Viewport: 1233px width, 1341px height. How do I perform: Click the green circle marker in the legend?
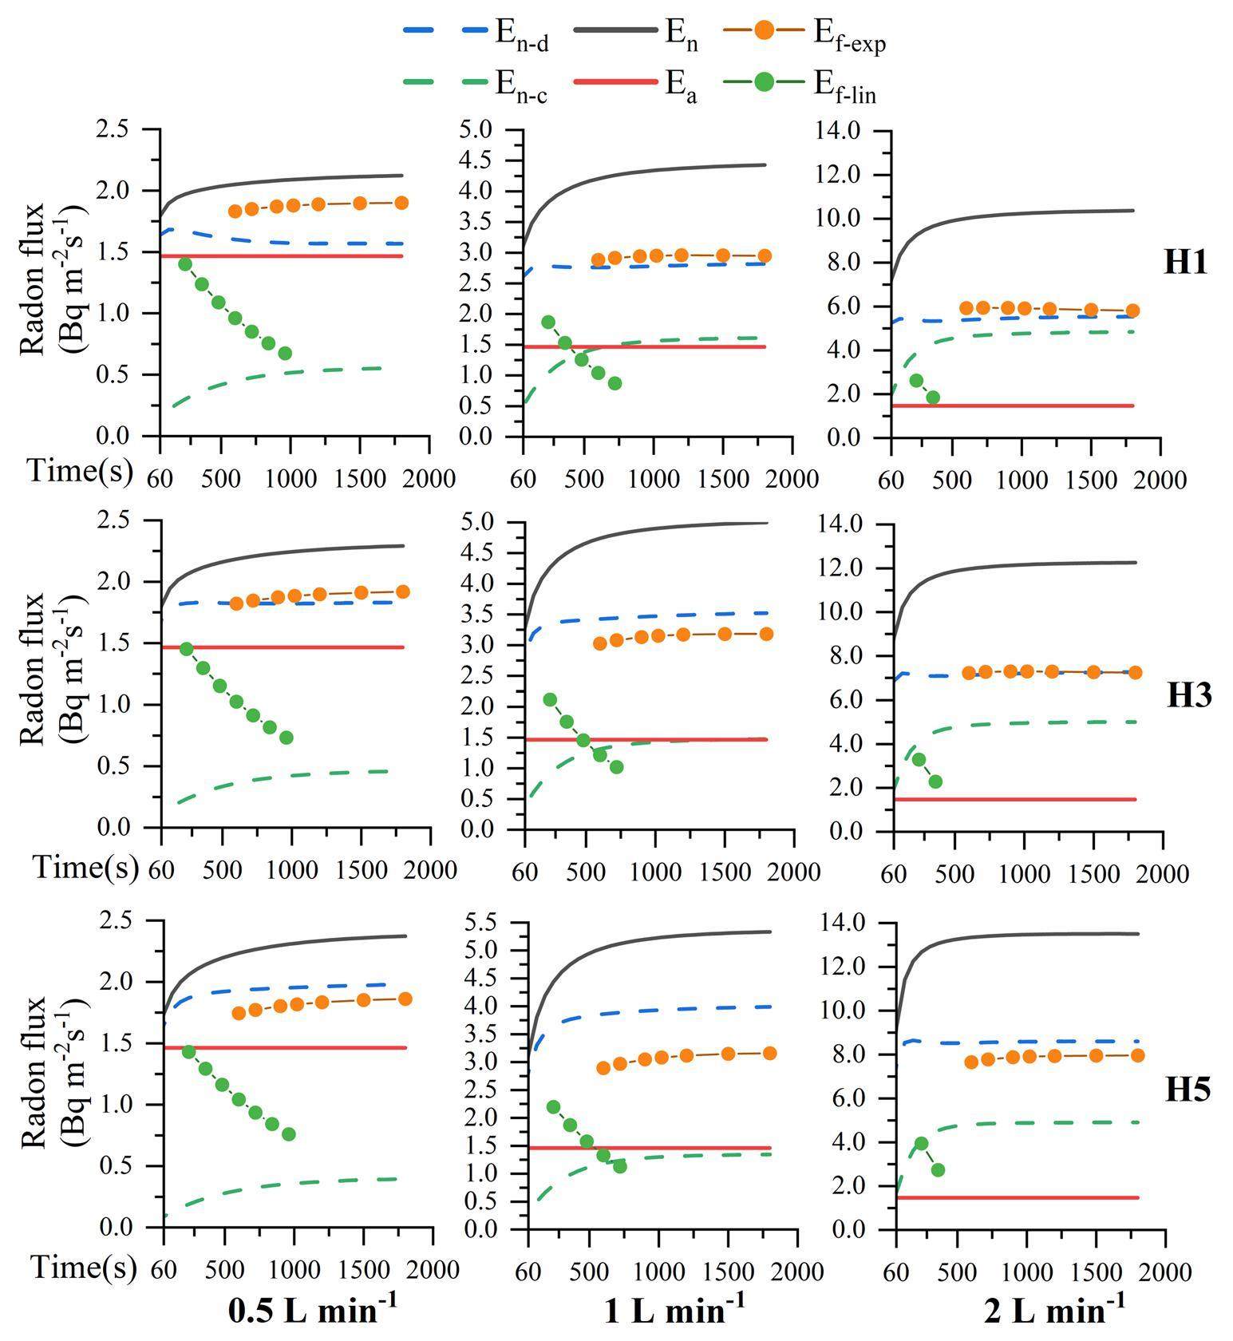point(765,81)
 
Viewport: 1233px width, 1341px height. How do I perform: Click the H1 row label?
point(1186,261)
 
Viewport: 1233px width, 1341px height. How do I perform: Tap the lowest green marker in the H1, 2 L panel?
point(933,397)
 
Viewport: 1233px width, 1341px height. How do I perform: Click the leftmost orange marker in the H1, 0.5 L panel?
point(235,212)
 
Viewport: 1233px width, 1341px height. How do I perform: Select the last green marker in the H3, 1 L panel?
point(616,767)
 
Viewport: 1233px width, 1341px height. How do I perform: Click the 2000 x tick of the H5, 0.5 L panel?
point(433,1269)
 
